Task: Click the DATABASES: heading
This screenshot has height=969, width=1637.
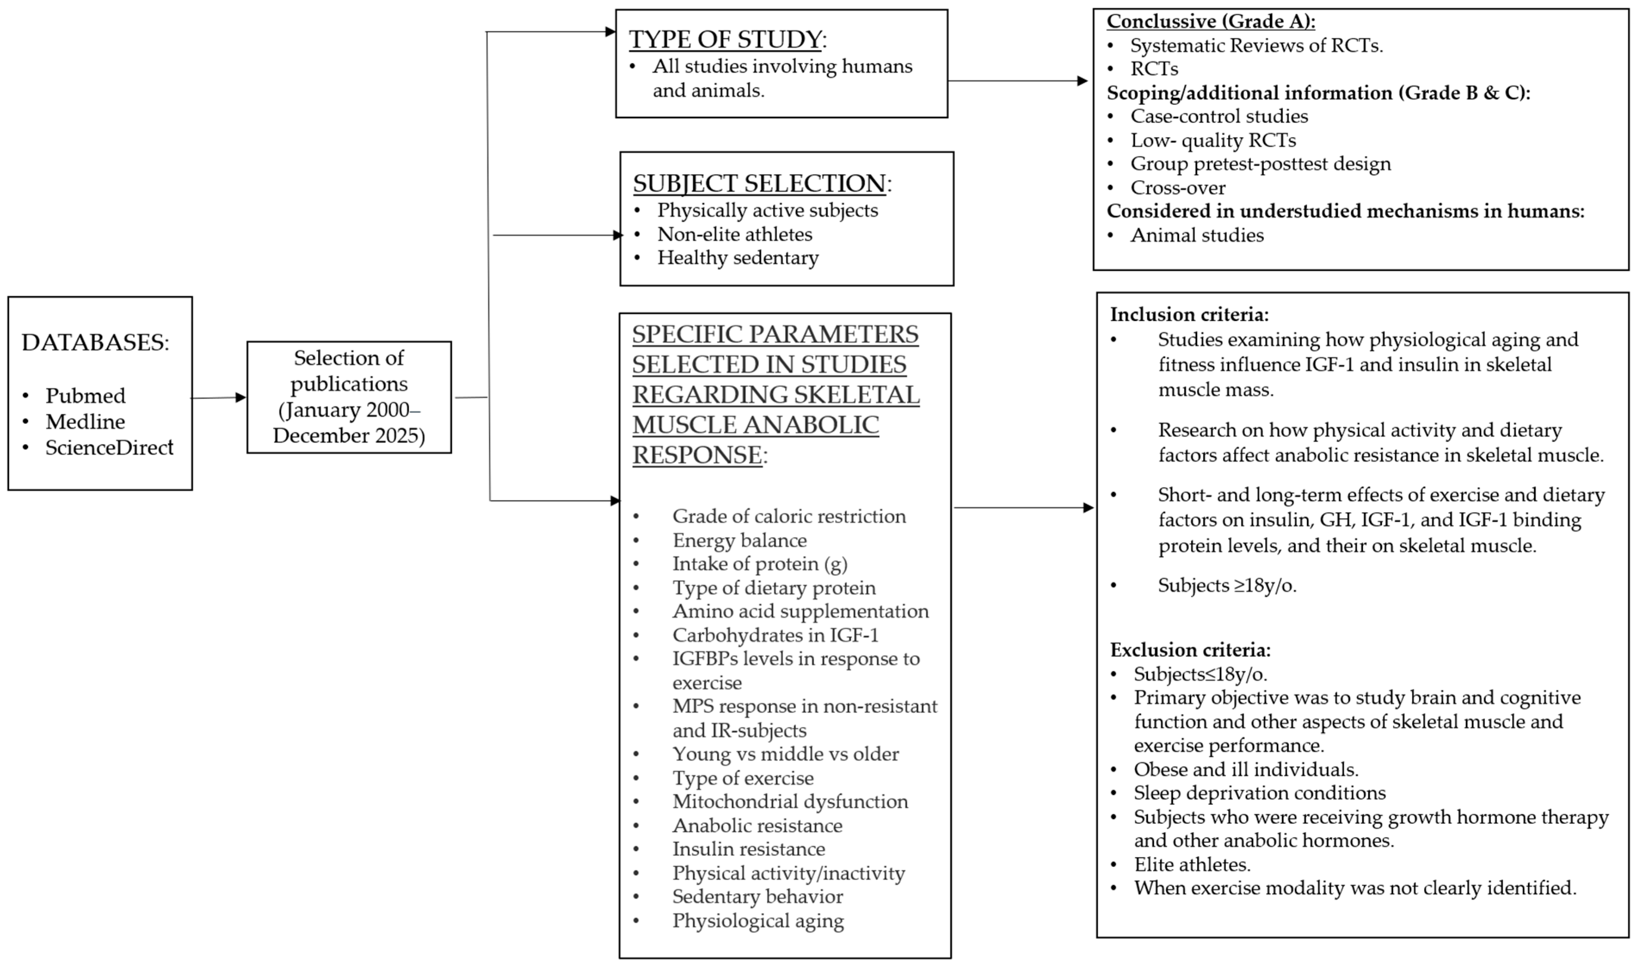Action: coord(95,343)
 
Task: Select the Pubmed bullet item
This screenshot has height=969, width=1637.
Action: coord(85,396)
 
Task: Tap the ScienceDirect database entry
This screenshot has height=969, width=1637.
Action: coord(109,447)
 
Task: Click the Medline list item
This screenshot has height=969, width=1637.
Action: coord(85,422)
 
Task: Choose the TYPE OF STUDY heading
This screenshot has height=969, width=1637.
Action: coord(725,39)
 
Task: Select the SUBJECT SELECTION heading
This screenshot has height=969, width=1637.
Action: coord(759,183)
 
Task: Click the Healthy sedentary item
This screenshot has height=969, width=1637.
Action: coord(737,258)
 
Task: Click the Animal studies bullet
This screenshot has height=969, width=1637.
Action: coord(1197,235)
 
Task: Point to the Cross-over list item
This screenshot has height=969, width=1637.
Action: coord(1178,188)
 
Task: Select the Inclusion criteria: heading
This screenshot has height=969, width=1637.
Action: coord(1189,315)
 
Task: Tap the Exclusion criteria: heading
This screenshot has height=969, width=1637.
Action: coord(1190,650)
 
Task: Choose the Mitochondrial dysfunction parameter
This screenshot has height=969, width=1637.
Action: coord(790,802)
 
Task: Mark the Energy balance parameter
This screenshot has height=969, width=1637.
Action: coord(740,540)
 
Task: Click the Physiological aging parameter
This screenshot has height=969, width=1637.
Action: coord(758,921)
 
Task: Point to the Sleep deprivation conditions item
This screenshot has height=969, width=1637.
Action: coord(1259,793)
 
